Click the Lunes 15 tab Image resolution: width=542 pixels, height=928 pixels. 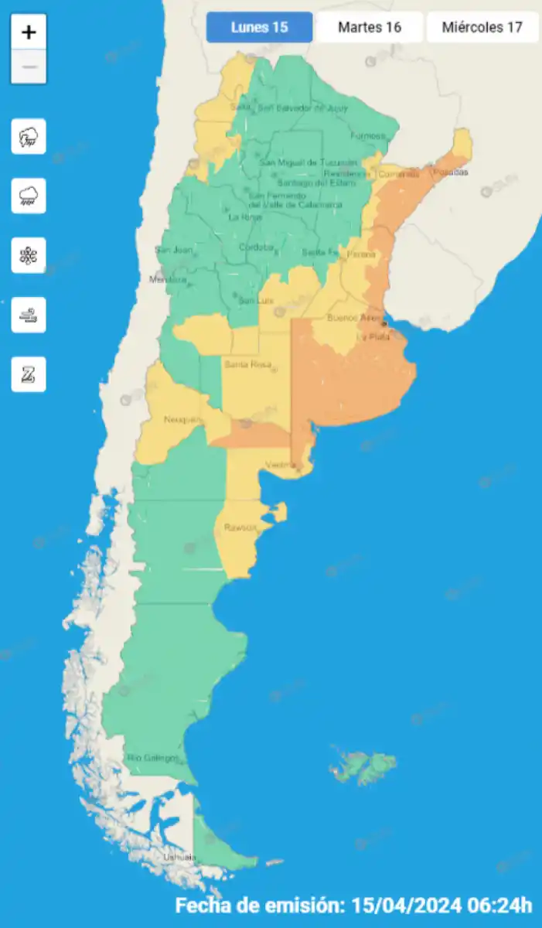click(x=259, y=27)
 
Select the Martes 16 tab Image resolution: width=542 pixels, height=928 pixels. click(x=370, y=27)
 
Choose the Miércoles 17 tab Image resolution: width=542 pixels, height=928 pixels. click(x=482, y=27)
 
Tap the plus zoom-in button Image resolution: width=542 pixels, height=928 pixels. click(x=29, y=32)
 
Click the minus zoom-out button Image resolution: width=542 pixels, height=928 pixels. click(x=29, y=67)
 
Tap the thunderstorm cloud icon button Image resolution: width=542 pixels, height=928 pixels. click(x=29, y=137)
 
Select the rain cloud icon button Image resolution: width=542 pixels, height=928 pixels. click(x=29, y=196)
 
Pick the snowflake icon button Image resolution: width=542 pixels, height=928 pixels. click(x=29, y=256)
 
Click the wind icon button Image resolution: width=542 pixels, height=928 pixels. click(x=29, y=315)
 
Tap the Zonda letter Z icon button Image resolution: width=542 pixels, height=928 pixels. click(x=29, y=374)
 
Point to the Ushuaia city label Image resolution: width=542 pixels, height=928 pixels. click(x=179, y=858)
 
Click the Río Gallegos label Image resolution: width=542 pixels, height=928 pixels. click(x=152, y=758)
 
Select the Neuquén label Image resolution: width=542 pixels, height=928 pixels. click(x=182, y=420)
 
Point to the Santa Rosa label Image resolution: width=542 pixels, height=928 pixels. click(x=245, y=364)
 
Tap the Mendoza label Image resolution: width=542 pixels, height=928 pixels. click(x=168, y=279)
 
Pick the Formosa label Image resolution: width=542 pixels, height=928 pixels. click(x=367, y=136)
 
